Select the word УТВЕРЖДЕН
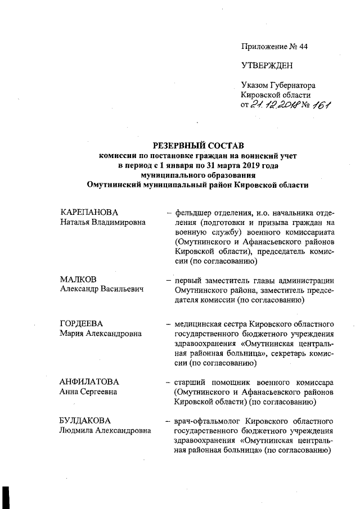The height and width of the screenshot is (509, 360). (x=267, y=66)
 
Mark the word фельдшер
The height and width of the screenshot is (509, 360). (x=192, y=213)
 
